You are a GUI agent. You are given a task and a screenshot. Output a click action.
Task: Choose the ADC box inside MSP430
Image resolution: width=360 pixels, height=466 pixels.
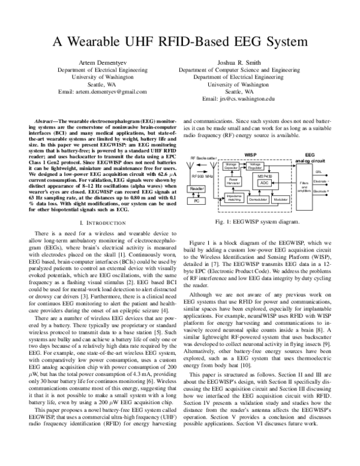click(x=264, y=183)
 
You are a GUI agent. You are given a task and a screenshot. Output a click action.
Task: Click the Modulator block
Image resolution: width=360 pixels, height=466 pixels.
click(x=280, y=198)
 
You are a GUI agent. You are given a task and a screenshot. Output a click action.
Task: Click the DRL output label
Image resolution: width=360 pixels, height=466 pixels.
click(x=318, y=171)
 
